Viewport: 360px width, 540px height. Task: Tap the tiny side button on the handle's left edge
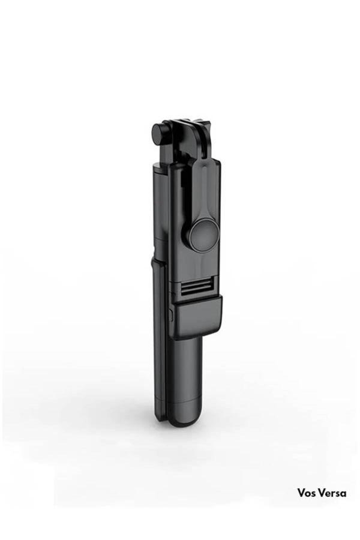(x=172, y=313)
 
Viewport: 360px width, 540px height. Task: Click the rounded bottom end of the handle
(x=185, y=419)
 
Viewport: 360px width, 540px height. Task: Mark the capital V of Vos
(x=299, y=493)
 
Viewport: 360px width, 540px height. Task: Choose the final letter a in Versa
(x=343, y=494)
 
